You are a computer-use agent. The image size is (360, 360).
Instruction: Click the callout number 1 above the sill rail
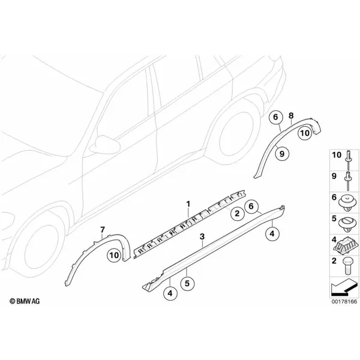[x=188, y=204]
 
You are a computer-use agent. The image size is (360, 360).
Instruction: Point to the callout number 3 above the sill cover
[x=202, y=236]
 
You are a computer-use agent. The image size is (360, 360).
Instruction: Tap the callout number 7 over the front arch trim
[x=103, y=230]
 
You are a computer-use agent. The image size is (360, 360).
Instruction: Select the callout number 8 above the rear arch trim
[x=291, y=116]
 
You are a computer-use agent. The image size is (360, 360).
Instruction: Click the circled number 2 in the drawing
[x=237, y=213]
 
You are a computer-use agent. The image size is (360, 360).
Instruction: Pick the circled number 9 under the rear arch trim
[x=282, y=154]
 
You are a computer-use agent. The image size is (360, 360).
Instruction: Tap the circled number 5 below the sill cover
[x=187, y=284]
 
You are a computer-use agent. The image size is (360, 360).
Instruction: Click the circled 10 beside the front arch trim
[x=114, y=255]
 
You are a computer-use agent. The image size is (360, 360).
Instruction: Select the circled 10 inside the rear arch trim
[x=305, y=133]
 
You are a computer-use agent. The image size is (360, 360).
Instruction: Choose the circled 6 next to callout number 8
[x=275, y=117]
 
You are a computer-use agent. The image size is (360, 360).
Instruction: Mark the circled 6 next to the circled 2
[x=251, y=206]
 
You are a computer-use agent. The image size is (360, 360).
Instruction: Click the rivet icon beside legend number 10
[x=347, y=160]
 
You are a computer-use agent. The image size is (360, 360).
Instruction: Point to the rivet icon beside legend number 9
[x=348, y=181]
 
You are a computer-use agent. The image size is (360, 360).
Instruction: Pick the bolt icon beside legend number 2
[x=347, y=266]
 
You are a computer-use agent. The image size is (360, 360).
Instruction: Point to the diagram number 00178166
[x=344, y=301]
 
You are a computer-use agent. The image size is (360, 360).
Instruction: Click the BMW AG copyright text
[x=25, y=301]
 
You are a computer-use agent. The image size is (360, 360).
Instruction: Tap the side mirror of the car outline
[x=105, y=145]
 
